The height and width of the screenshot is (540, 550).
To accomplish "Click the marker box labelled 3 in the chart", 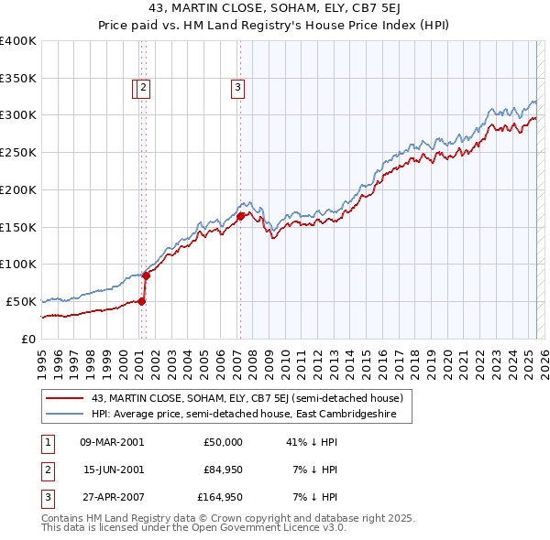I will tap(237, 88).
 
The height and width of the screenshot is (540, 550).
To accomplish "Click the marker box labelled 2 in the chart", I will tap(145, 88).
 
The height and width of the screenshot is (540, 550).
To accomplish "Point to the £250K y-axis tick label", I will tap(18, 153).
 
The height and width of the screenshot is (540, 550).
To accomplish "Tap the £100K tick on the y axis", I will tap(18, 265).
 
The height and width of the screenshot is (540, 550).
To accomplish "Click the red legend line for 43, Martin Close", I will tap(64, 398).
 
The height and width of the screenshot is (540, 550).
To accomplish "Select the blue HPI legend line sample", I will tap(64, 414).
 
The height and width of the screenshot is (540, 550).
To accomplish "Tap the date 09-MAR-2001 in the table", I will tap(112, 441).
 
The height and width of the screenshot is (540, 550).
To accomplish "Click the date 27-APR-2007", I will tap(112, 498).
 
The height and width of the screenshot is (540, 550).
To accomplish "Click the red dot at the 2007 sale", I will tap(240, 216).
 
